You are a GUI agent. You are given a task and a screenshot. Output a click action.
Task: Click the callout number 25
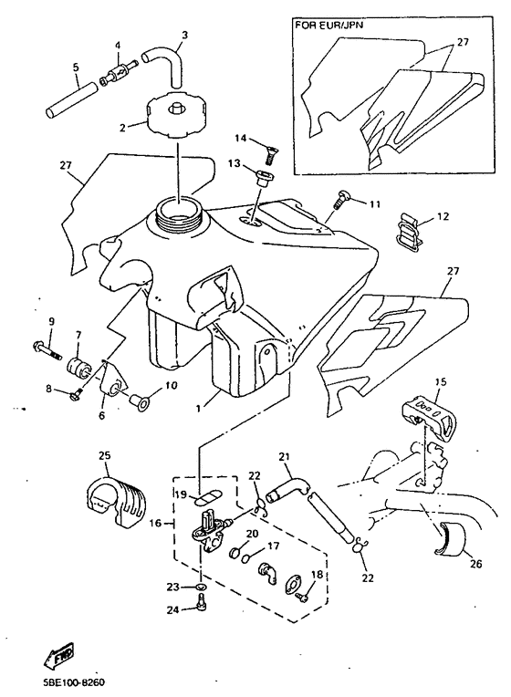click(x=105, y=455)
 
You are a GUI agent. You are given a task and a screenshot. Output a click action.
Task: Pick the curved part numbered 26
click(x=450, y=539)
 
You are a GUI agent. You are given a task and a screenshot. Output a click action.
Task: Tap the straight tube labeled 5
click(x=71, y=99)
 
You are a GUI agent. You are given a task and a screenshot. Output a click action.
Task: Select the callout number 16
click(x=155, y=524)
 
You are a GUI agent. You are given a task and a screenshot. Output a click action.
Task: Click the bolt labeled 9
click(x=47, y=349)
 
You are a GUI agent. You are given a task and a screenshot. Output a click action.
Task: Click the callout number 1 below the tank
click(x=199, y=407)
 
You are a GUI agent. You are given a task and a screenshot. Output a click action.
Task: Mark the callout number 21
click(x=284, y=456)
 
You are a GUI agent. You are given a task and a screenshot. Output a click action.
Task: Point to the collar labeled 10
click(x=141, y=400)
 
